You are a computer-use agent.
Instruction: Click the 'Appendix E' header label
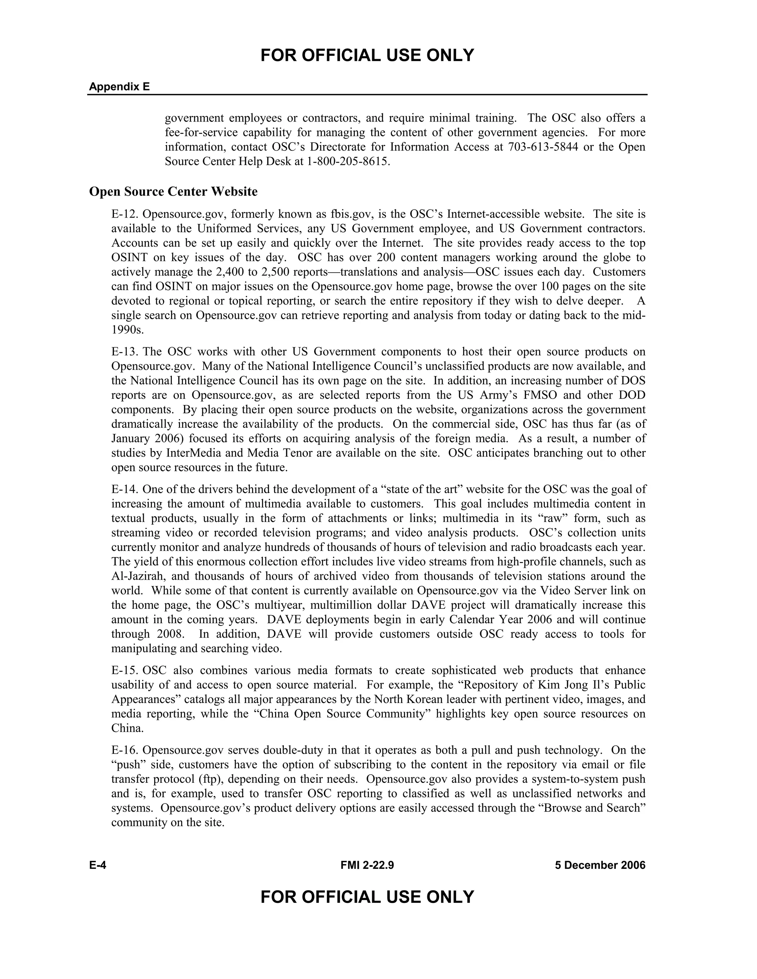[119, 86]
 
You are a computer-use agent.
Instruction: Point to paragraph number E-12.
[125, 214]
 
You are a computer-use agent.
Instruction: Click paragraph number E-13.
[125, 352]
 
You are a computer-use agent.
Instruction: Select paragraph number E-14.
[125, 489]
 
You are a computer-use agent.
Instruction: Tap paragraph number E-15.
[125, 671]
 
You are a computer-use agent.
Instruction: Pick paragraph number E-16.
[125, 750]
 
